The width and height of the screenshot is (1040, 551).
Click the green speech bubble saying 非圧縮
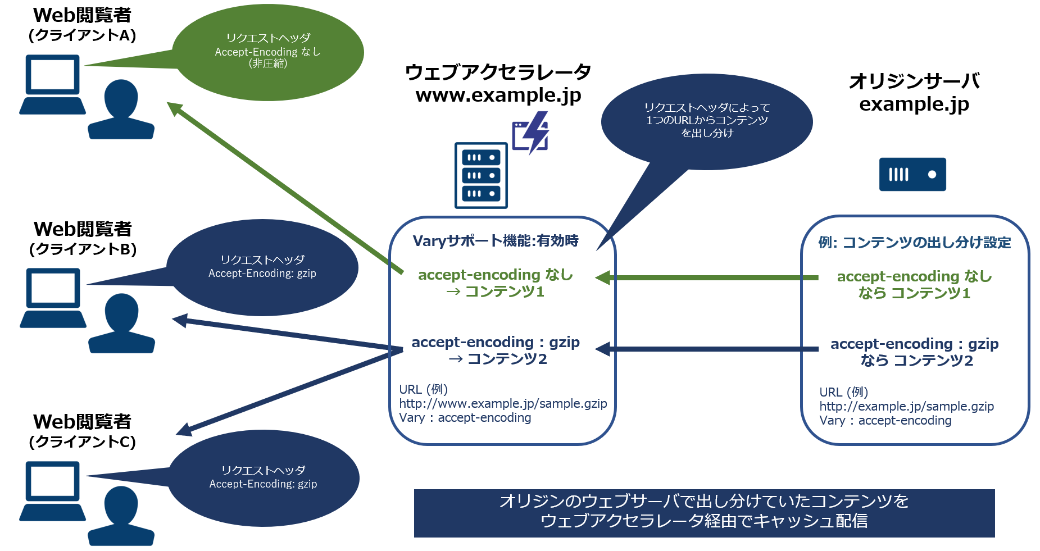(x=268, y=52)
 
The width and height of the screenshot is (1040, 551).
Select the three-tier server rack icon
(x=481, y=175)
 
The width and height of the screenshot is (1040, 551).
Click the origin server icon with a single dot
(x=912, y=175)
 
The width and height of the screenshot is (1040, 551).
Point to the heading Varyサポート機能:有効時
(x=496, y=241)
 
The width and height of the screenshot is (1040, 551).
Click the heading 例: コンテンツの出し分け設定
(x=915, y=243)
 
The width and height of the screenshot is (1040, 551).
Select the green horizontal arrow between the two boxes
(x=708, y=277)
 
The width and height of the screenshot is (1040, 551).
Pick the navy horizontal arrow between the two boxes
(x=708, y=349)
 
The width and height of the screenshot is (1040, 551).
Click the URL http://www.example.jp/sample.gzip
(x=503, y=404)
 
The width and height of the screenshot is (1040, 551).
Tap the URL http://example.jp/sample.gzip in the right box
(x=906, y=407)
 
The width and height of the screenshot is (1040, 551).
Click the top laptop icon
(x=52, y=84)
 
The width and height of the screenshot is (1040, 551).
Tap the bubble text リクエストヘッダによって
(x=707, y=108)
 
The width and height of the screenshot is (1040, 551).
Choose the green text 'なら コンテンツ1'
(x=914, y=293)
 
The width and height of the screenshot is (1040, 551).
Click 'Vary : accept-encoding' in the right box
(x=885, y=421)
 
